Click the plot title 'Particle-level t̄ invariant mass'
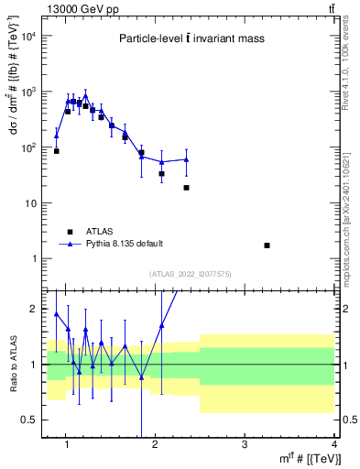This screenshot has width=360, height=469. (190, 38)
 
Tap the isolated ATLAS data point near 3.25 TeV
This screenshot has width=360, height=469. (267, 245)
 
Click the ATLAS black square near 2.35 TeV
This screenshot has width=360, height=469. (186, 188)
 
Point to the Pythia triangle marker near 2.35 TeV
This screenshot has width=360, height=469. (186, 159)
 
